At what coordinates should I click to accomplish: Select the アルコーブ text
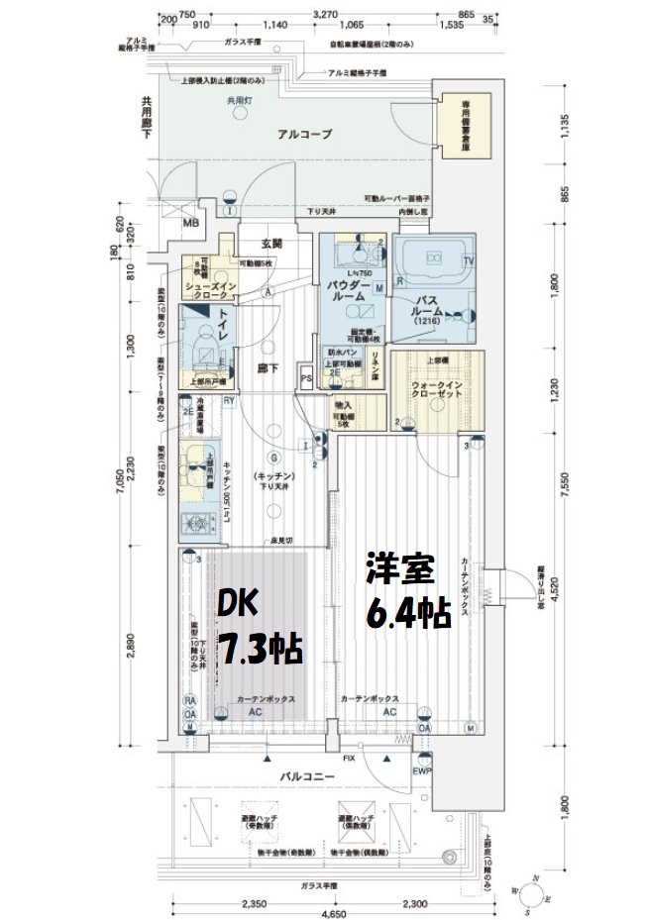coord(304,134)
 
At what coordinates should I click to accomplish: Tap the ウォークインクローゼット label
coord(432,387)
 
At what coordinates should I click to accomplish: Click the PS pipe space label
coord(307,378)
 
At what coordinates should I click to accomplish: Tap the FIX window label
coord(350,759)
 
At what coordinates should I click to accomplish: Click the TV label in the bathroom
coord(469,260)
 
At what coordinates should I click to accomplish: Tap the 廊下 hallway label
coord(266,368)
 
